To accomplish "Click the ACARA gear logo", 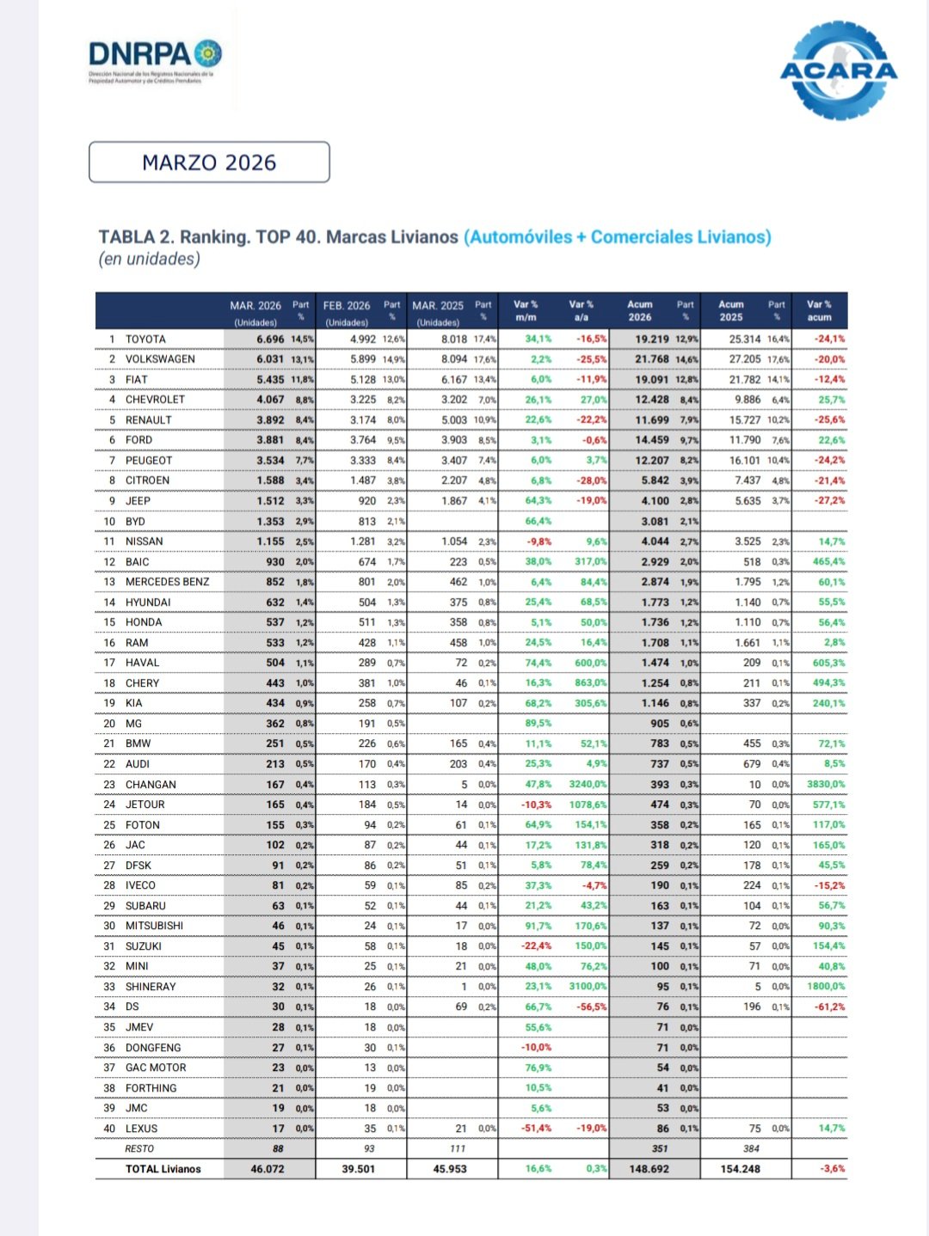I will coord(839,70).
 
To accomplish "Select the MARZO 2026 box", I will coord(209,162).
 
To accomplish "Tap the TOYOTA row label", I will coord(145,340).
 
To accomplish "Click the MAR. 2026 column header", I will coord(255,306).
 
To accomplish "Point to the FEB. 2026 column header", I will coord(347,306).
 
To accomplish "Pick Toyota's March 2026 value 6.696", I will coord(270,340).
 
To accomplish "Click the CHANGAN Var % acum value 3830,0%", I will coord(824,785).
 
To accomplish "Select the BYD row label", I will coord(135,522).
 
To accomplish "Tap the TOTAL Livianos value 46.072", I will coord(267,1169).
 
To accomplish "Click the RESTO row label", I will coord(139,1149).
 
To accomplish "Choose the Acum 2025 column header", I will coord(731,310).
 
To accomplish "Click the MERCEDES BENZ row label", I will coord(167,582).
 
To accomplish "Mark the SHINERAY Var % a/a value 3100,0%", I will coord(588,987).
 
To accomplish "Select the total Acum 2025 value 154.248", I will coord(740,1169).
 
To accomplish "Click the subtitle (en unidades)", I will coord(149,260).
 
